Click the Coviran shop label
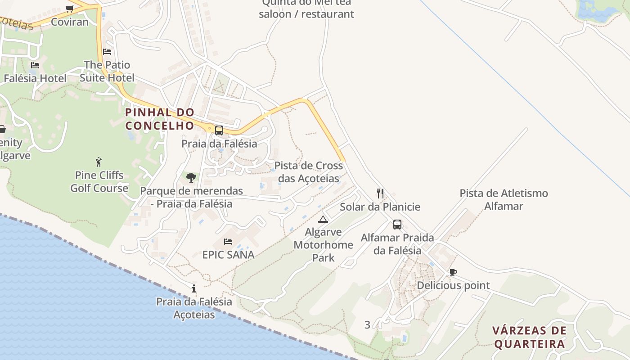(x=70, y=22)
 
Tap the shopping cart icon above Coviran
(x=70, y=9)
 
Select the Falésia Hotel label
(x=35, y=78)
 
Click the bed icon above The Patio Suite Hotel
(x=107, y=52)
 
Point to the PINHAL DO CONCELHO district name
(x=160, y=119)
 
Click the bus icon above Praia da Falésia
(x=219, y=130)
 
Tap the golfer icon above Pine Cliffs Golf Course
(x=99, y=162)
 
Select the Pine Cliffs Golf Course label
(x=99, y=182)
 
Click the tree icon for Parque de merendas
(x=191, y=178)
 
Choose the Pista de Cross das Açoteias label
(x=309, y=172)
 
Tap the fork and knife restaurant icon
(x=380, y=193)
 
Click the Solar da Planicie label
(x=380, y=207)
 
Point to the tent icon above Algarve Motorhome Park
(x=323, y=220)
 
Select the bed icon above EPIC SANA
(x=228, y=242)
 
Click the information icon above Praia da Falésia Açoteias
(x=194, y=288)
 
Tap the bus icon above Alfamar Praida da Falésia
(x=397, y=224)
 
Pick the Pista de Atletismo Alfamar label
(x=504, y=200)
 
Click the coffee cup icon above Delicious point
(x=453, y=272)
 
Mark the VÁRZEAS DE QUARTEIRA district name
(x=529, y=337)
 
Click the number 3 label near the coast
(x=367, y=324)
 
